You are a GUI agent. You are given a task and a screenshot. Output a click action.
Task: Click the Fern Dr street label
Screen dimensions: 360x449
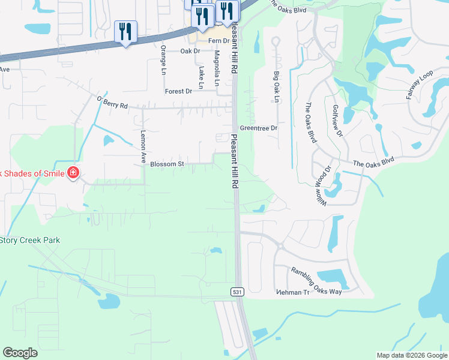(219, 41)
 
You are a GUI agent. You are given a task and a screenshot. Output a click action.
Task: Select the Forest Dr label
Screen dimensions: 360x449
(178, 91)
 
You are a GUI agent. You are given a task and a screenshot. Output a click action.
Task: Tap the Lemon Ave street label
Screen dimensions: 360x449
(143, 147)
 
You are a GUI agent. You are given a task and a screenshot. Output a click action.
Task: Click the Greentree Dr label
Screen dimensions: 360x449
(259, 128)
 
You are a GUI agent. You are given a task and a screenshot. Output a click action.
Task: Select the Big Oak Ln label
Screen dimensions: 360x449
(277, 86)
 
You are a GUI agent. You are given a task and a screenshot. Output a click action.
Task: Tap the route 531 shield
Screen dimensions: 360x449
(236, 291)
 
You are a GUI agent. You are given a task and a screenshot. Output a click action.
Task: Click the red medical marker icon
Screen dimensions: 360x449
(73, 173)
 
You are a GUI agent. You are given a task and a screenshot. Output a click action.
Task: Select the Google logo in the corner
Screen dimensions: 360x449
(20, 353)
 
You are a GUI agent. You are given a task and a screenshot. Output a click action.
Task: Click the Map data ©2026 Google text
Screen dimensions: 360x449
(412, 355)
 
